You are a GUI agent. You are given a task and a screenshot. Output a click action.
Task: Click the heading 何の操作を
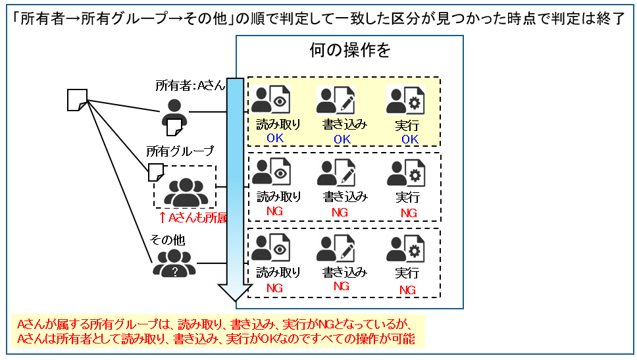349,51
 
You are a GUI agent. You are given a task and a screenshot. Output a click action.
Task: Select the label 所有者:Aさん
190,86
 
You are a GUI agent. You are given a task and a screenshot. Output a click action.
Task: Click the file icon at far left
76,100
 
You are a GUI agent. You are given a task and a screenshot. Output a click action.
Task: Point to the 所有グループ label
180,151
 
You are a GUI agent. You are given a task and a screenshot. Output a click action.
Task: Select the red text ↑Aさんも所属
193,218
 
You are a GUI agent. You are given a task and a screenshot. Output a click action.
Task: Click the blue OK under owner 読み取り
274,139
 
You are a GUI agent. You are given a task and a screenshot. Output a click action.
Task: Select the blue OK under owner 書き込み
342,140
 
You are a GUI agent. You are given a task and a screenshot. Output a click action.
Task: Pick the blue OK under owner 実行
410,140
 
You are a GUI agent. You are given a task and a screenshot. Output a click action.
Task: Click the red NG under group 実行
409,213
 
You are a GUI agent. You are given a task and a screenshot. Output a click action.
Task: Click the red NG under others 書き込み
341,286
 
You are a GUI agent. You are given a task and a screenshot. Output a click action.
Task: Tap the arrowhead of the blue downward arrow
235,294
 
